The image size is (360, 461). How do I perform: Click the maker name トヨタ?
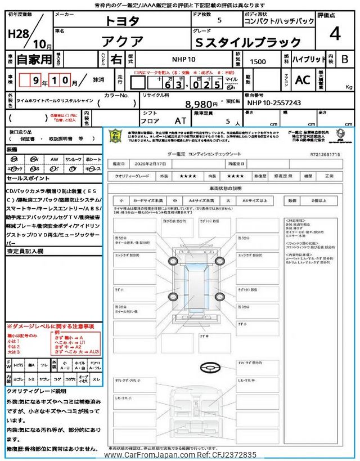(x=123, y=21)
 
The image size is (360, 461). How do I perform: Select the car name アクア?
(x=123, y=41)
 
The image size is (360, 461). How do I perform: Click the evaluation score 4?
(x=335, y=33)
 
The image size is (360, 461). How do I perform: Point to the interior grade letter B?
(x=344, y=59)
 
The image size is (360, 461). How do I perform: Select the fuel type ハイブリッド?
(x=308, y=59)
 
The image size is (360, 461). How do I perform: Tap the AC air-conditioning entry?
(x=302, y=80)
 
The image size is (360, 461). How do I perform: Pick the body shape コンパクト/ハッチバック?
(x=278, y=21)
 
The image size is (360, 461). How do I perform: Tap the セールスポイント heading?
(x=29, y=178)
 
